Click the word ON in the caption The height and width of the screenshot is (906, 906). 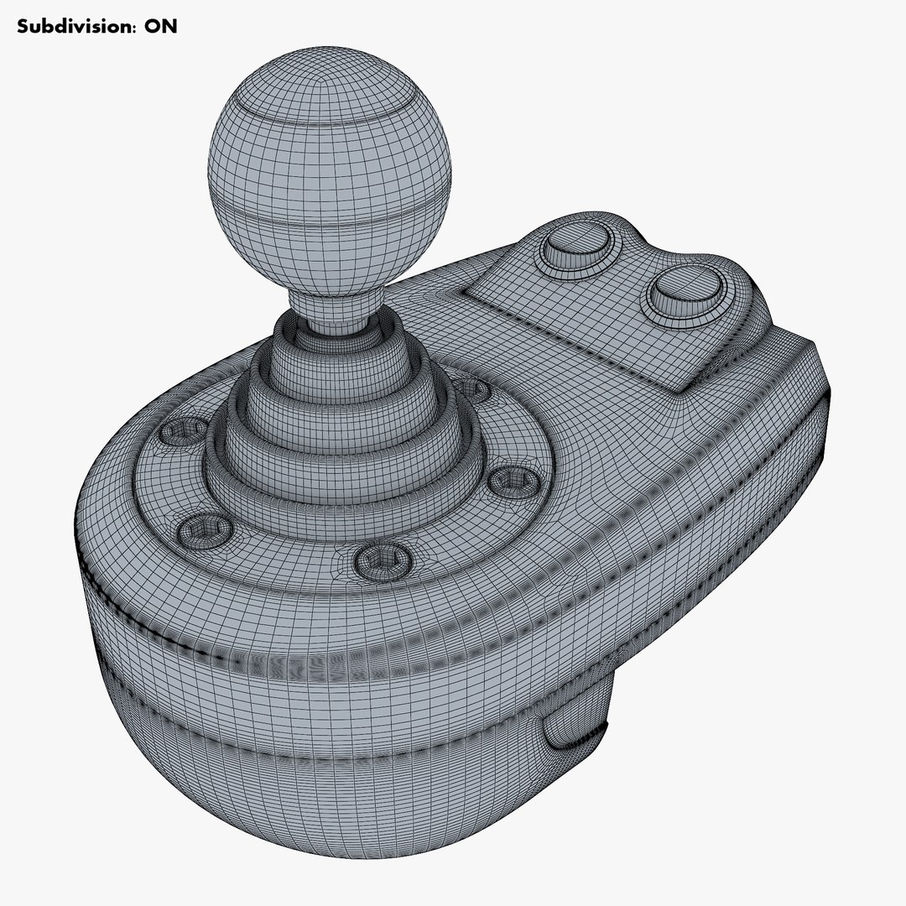tap(160, 26)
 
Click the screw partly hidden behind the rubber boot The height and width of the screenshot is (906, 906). tap(474, 388)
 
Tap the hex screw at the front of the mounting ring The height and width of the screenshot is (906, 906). tap(383, 560)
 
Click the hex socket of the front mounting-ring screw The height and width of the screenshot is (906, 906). tap(383, 560)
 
